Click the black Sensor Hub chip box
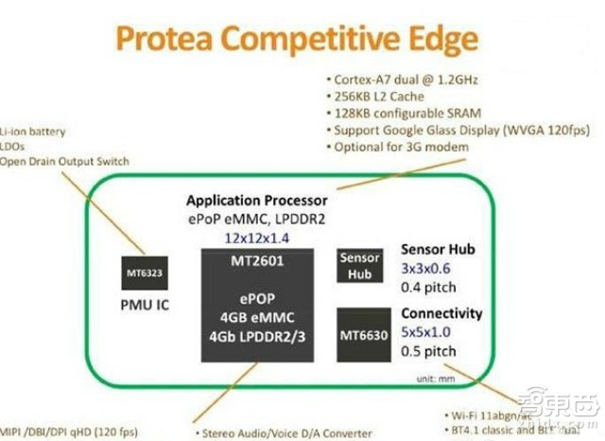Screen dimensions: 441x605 pos(358,265)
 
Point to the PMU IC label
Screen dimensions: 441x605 pos(144,307)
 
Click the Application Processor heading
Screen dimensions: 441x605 pos(257,201)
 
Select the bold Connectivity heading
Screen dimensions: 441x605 pos(441,313)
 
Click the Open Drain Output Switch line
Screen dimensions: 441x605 pos(64,162)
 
